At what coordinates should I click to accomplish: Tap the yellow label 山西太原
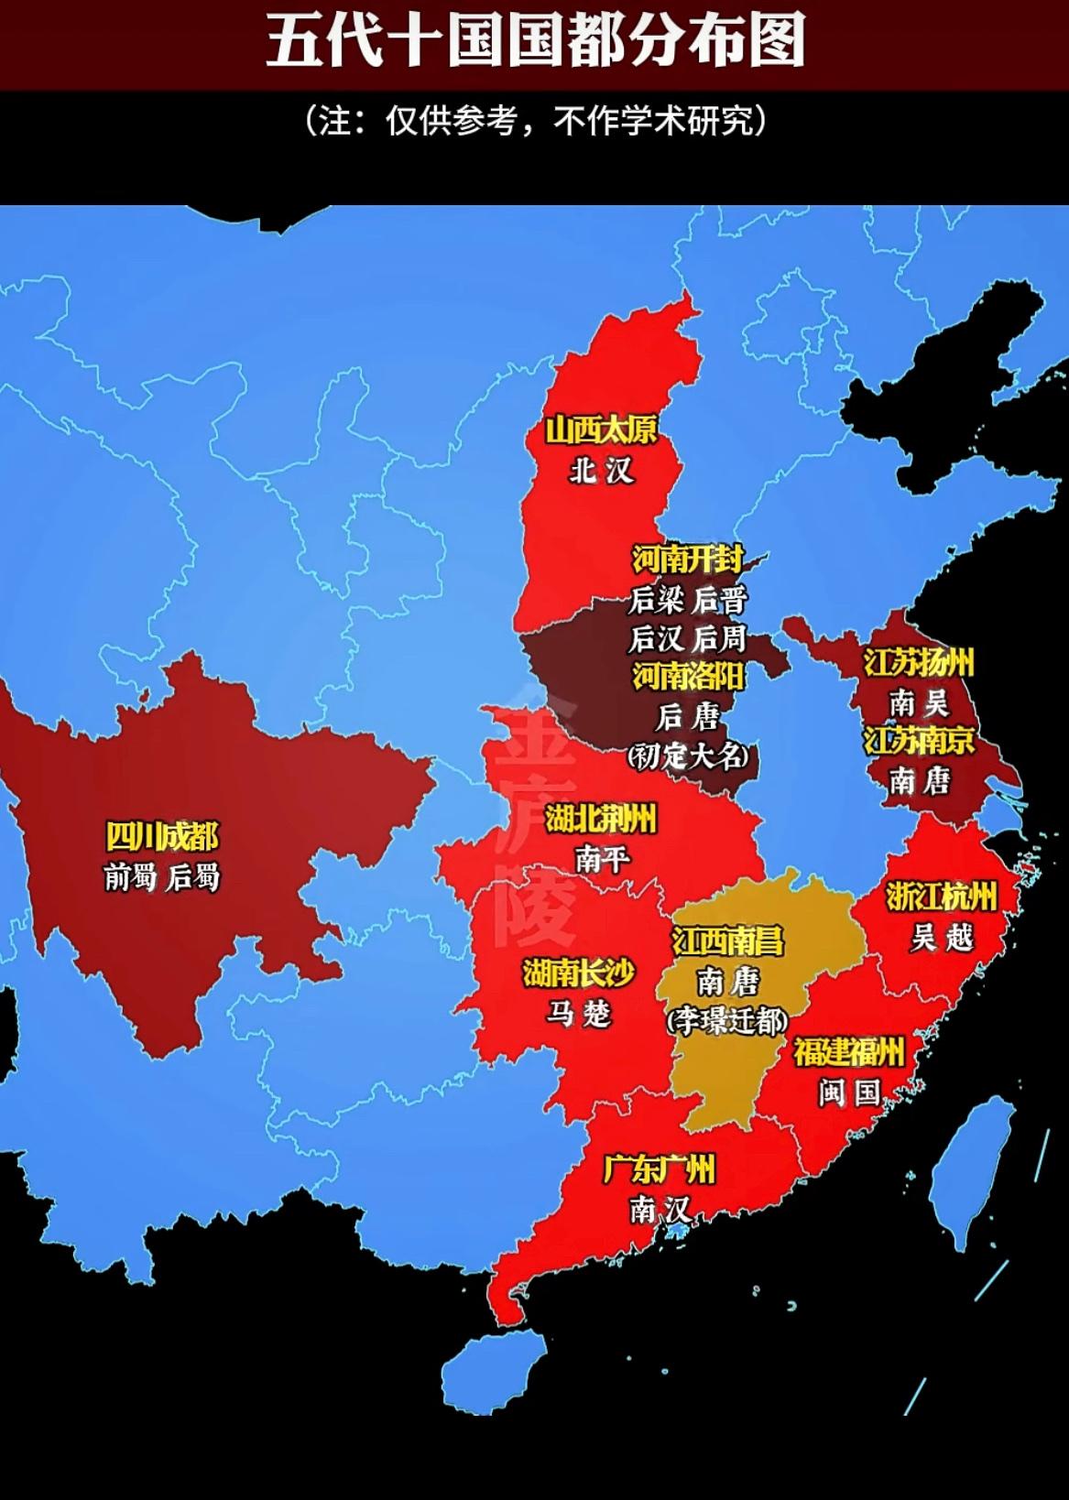601,429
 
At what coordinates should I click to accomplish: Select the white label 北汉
601,471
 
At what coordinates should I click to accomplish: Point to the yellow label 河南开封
687,559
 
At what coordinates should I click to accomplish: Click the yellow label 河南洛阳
688,677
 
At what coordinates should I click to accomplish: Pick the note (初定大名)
688,756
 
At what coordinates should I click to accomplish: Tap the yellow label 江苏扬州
919,662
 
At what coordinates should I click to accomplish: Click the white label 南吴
919,703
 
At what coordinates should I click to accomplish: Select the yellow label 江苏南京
919,741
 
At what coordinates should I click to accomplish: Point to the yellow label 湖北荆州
601,819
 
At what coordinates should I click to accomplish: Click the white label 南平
602,859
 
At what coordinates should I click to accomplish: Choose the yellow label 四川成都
162,837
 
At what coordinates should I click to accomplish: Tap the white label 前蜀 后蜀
162,878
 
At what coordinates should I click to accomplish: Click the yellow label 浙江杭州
941,897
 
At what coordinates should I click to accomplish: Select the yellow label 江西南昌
728,940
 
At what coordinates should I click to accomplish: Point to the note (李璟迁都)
728,1020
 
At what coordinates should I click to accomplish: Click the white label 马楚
578,1013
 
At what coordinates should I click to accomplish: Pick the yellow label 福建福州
848,1052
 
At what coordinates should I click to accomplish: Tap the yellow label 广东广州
659,1169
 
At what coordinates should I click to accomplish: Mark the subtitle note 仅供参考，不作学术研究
535,121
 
